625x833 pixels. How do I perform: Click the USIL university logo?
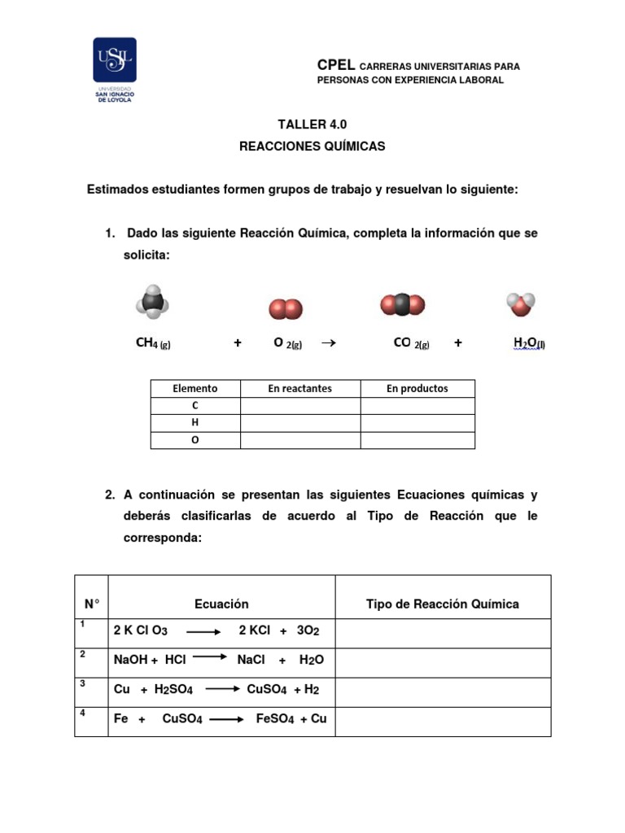point(115,69)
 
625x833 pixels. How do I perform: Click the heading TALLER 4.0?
point(306,124)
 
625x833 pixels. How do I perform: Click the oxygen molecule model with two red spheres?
point(286,310)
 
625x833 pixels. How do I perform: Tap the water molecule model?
point(521,305)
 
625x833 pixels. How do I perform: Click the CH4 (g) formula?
point(153,343)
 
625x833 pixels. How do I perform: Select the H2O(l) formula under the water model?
point(530,343)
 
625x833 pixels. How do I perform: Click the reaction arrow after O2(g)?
point(329,343)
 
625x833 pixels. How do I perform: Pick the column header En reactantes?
point(299,389)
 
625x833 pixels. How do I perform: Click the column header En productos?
point(417,389)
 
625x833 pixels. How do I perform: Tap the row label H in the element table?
point(195,423)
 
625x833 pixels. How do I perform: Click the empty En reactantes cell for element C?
point(299,406)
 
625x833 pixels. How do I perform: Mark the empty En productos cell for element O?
point(417,440)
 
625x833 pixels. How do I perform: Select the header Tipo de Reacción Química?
point(442,604)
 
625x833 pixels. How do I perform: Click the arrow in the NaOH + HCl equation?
point(210,656)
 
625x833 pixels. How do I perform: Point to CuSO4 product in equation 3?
point(267,690)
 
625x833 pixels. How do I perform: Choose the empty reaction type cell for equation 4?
point(442,720)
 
